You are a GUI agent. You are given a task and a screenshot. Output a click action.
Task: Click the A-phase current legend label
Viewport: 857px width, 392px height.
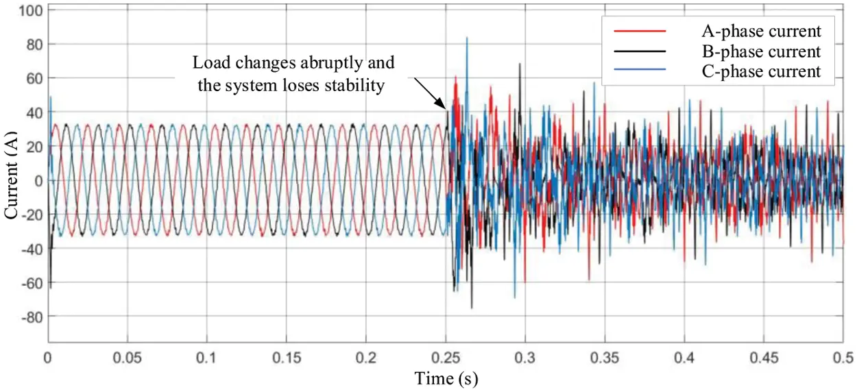coord(760,31)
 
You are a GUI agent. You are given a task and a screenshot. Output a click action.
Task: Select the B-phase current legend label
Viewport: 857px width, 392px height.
coord(760,51)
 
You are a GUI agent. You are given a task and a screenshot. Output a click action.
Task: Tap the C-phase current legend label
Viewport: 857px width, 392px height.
coord(760,71)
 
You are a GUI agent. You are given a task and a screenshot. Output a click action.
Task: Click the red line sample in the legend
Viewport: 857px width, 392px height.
coord(640,31)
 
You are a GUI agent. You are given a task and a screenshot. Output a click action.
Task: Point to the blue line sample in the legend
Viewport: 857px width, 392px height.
coord(640,71)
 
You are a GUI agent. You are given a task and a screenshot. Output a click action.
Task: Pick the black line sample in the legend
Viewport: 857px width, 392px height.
coord(640,51)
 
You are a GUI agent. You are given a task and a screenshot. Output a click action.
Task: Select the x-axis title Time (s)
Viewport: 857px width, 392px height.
coord(446,378)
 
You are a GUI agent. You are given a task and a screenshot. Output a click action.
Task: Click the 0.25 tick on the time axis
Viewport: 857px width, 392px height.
coord(446,358)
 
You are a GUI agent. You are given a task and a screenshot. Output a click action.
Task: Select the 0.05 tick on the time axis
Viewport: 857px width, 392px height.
coord(127,358)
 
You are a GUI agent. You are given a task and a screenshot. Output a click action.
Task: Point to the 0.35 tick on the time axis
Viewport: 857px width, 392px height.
coord(604,358)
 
